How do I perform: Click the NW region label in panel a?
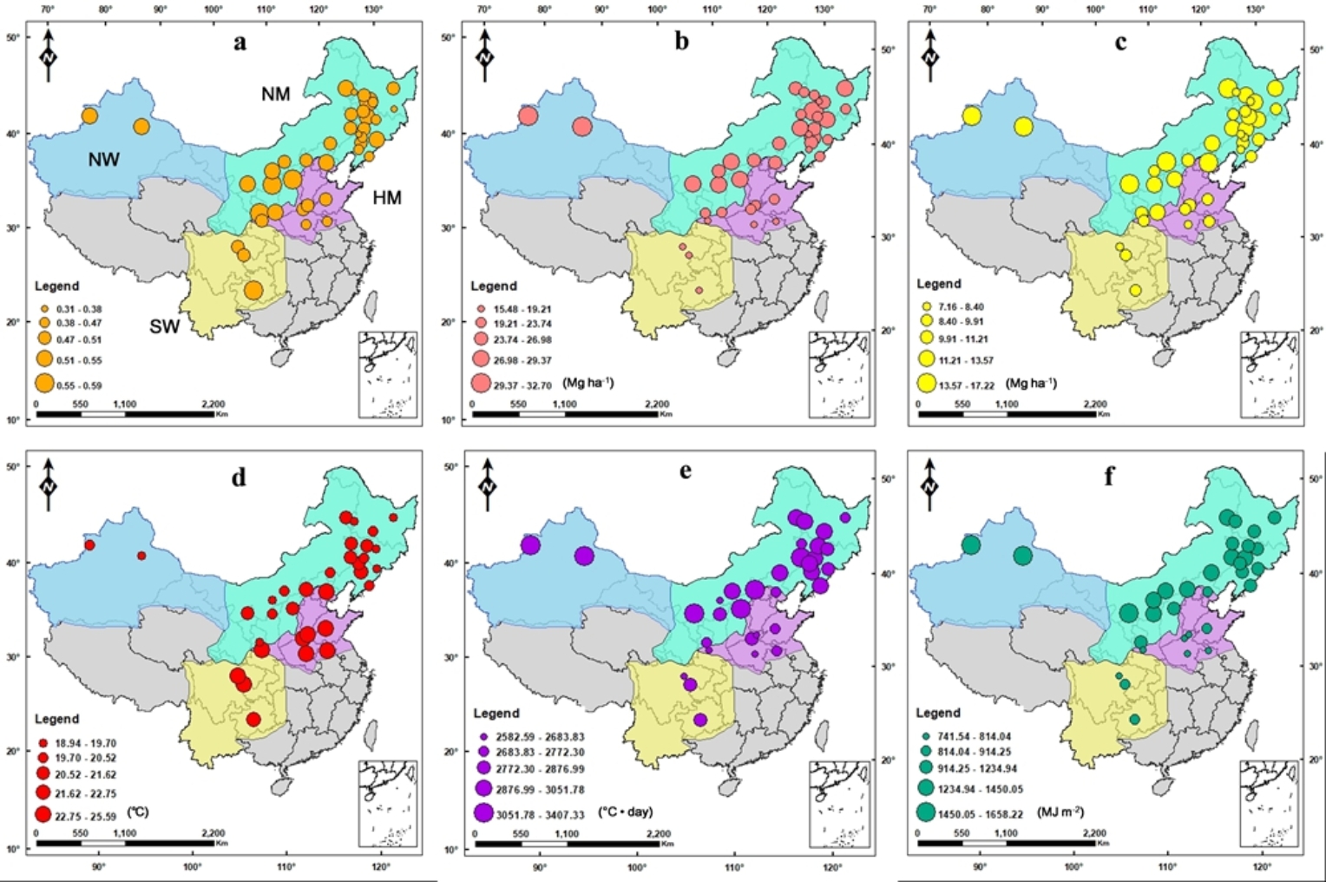pyautogui.click(x=103, y=160)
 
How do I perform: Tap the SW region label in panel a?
pyautogui.click(x=164, y=326)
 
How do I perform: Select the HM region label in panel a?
pyautogui.click(x=387, y=198)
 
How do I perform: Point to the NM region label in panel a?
pyautogui.click(x=275, y=94)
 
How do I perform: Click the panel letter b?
pyautogui.click(x=681, y=42)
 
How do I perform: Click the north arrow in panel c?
pyautogui.click(x=930, y=54)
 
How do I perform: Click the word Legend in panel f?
pyautogui.click(x=939, y=713)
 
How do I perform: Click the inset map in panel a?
pyautogui.click(x=389, y=373)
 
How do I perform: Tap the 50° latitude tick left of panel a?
pyautogui.click(x=14, y=37)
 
